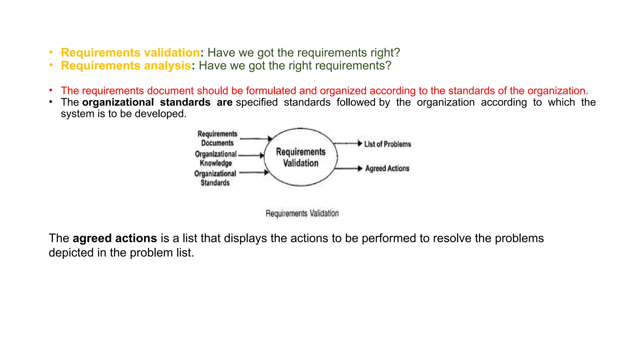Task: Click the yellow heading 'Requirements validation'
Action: pyautogui.click(x=130, y=52)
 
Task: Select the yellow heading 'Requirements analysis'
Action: pyautogui.click(x=126, y=66)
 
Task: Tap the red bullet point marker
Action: pyautogui.click(x=51, y=90)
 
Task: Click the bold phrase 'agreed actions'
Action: pyautogui.click(x=115, y=238)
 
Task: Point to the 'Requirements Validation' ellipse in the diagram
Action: pyautogui.click(x=301, y=157)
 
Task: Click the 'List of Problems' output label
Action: pyautogui.click(x=387, y=144)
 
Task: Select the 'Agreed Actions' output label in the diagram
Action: pyautogui.click(x=387, y=168)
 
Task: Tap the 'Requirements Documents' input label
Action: pyautogui.click(x=217, y=138)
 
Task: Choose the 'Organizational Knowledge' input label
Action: pyautogui.click(x=216, y=158)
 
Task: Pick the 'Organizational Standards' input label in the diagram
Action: pyautogui.click(x=215, y=178)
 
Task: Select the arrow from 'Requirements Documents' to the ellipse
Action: pyautogui.click(x=256, y=138)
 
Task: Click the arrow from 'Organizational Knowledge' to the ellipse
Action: pyautogui.click(x=251, y=155)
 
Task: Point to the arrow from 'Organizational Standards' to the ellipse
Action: pyautogui.click(x=253, y=172)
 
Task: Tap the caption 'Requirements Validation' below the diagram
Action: pyautogui.click(x=302, y=213)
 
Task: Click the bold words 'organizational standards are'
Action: pyautogui.click(x=157, y=102)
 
